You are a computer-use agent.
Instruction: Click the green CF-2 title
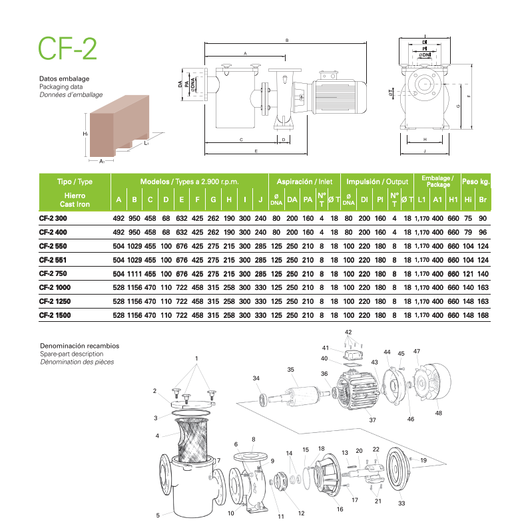(67, 49)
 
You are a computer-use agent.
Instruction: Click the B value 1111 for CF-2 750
(134, 274)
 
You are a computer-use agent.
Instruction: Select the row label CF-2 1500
(55, 315)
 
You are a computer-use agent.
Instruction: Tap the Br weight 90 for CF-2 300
(483, 218)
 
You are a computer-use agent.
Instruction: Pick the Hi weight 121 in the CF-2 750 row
(468, 274)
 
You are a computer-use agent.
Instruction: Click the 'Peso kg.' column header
(475, 182)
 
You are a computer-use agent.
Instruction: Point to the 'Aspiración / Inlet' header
(304, 182)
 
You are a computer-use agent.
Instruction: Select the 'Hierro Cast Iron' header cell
(75, 199)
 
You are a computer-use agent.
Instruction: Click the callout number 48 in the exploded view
(438, 413)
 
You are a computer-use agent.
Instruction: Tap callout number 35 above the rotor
(291, 369)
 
